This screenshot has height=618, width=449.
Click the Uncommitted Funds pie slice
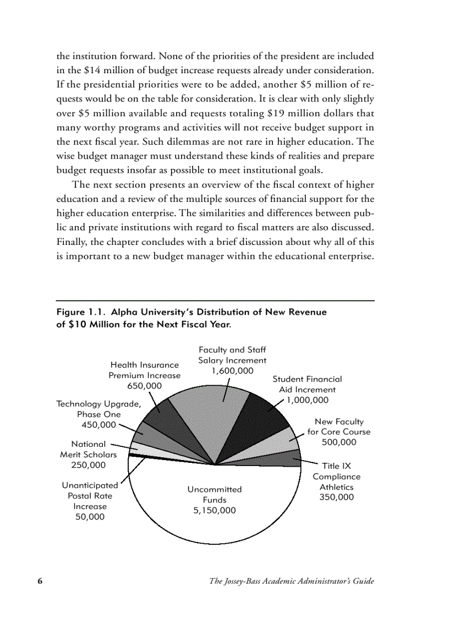click(x=215, y=512)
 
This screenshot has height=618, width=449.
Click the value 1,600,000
click(x=232, y=371)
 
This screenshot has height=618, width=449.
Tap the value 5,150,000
click(x=215, y=510)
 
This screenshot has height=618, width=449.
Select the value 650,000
click(x=144, y=386)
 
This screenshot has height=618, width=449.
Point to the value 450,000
click(x=98, y=424)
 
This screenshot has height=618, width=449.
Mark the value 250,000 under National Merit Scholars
click(x=88, y=465)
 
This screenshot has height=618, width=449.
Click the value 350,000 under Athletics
click(x=337, y=497)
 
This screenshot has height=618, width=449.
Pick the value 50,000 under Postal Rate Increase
click(x=90, y=517)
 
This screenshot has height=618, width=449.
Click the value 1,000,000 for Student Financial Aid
click(x=307, y=400)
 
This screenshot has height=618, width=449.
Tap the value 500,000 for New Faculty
click(x=338, y=442)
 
